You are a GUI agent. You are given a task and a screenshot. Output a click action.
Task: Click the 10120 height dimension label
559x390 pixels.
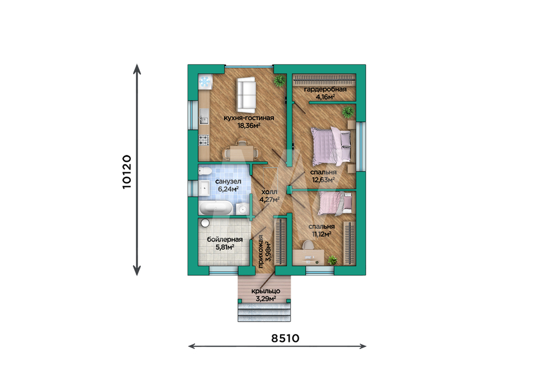127,172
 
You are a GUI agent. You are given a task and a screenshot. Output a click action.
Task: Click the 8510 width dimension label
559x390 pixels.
285,338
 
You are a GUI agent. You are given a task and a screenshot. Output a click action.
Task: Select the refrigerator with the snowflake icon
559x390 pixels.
205,82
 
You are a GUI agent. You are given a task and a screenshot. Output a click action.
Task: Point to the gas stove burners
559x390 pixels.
203,139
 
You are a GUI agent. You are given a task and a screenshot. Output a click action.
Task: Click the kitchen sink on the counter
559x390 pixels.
203,116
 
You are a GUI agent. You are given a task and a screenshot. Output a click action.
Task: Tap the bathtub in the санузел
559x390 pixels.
215,208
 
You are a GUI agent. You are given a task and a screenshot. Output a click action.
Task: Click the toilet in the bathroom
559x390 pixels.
205,171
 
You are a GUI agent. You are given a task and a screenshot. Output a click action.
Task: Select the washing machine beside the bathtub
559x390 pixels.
242,208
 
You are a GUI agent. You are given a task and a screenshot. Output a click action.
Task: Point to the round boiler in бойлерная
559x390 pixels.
205,223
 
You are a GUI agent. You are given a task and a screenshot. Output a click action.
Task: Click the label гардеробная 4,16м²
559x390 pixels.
325,93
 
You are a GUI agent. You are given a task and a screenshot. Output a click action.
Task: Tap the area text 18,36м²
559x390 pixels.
249,125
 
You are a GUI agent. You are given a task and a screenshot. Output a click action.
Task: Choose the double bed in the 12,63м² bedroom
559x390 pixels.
331,146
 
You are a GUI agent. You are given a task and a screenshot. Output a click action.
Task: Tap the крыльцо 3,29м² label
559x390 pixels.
266,295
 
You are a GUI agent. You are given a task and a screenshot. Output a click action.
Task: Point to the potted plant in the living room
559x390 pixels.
279,81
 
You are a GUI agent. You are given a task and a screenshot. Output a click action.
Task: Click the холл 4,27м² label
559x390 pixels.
269,195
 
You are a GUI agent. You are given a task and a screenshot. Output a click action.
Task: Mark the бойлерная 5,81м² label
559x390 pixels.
225,243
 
